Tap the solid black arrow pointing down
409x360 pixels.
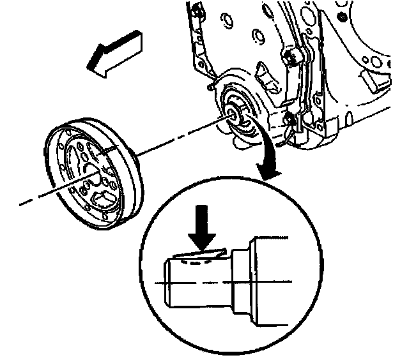204,235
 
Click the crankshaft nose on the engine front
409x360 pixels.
232,114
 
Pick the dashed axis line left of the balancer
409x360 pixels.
38,196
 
